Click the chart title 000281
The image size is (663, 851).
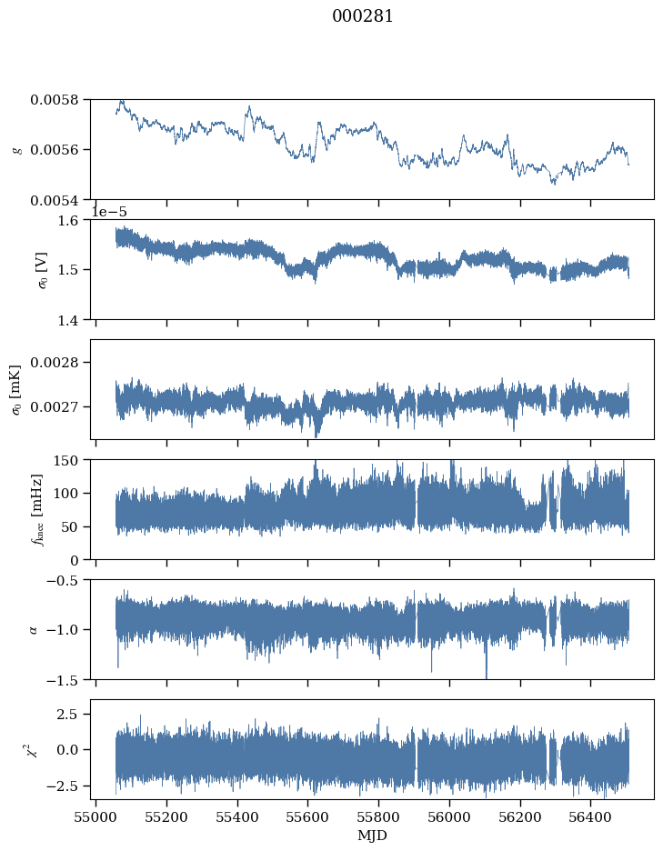[x=362, y=16]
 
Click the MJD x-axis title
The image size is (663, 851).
[x=373, y=836]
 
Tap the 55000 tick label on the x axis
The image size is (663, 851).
[x=96, y=817]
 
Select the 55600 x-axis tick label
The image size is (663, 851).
[x=308, y=817]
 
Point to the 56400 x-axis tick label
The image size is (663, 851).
[x=591, y=817]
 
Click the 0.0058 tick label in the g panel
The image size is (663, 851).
[x=55, y=100]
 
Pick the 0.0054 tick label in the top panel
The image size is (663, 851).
[x=55, y=201]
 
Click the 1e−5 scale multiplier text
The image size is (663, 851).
[x=108, y=212]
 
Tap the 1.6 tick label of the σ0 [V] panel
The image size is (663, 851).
[x=68, y=220]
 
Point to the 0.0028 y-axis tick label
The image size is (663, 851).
[x=55, y=362]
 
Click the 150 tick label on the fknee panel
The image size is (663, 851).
[x=66, y=460]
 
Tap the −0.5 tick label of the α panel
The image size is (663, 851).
[x=63, y=580]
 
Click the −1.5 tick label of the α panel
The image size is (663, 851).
[x=63, y=680]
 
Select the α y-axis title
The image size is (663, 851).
[x=34, y=629]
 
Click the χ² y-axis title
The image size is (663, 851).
[x=34, y=749]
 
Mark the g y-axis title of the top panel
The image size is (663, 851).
[x=17, y=150]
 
